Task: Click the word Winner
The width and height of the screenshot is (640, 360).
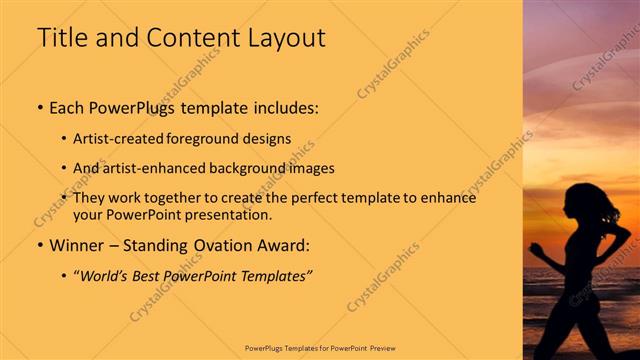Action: [x=79, y=245]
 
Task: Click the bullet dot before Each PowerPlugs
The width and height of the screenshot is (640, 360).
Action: [x=40, y=105]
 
